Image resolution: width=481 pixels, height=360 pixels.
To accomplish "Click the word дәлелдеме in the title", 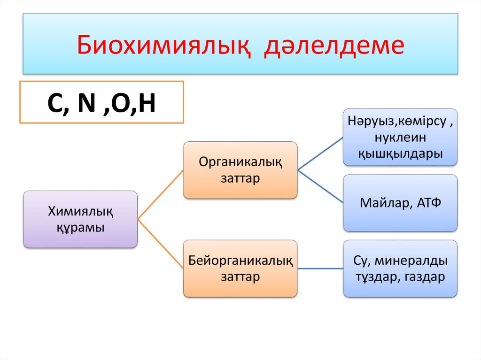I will pyautogui.click(x=334, y=45).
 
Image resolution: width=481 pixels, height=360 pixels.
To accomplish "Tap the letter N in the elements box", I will pyautogui.click(x=87, y=104).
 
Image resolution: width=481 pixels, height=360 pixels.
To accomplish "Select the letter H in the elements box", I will pyautogui.click(x=146, y=104).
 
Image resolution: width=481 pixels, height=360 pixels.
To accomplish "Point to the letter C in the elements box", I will pyautogui.click(x=55, y=104).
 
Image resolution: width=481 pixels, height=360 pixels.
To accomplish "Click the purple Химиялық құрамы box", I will pyautogui.click(x=80, y=219).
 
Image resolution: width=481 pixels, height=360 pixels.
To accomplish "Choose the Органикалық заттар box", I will pyautogui.click(x=240, y=170).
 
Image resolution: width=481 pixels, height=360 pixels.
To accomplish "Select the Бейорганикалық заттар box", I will pyautogui.click(x=240, y=268).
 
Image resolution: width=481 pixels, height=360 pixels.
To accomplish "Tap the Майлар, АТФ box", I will pyautogui.click(x=400, y=203).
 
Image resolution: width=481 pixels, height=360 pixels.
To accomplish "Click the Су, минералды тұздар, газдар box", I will pyautogui.click(x=400, y=268).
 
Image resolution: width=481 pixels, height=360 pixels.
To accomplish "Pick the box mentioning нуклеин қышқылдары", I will pyautogui.click(x=400, y=137).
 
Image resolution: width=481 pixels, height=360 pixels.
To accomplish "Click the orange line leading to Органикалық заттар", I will pyautogui.click(x=160, y=195).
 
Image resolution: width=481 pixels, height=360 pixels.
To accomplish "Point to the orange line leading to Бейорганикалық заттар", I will pyautogui.click(x=160, y=244).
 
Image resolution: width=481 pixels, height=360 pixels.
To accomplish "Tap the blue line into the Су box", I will pyautogui.click(x=320, y=268).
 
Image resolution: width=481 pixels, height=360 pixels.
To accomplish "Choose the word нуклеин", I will pyautogui.click(x=400, y=137).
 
